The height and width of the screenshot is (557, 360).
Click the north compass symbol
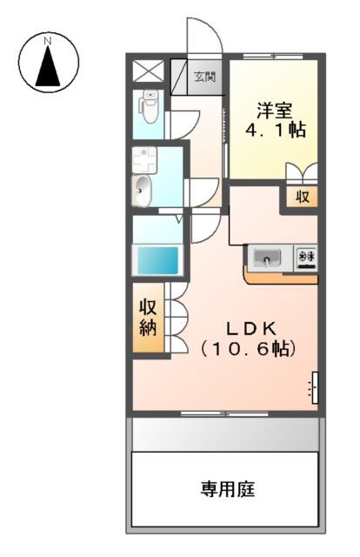(x=49, y=62)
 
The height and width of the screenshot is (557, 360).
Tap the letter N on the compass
(x=49, y=41)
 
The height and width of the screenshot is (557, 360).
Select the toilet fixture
(x=149, y=108)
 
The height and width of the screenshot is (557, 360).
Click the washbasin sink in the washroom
(x=142, y=189)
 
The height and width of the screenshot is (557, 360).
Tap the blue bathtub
(x=156, y=260)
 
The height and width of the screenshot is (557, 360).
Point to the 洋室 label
(x=273, y=111)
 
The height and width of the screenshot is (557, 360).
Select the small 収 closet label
(x=302, y=196)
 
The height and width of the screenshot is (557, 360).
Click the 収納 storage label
(x=147, y=318)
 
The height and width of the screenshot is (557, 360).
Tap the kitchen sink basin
(x=268, y=258)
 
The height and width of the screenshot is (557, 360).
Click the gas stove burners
(x=306, y=258)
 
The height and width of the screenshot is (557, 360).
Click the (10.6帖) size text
(x=250, y=349)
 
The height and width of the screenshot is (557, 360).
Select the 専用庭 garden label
(x=228, y=489)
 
